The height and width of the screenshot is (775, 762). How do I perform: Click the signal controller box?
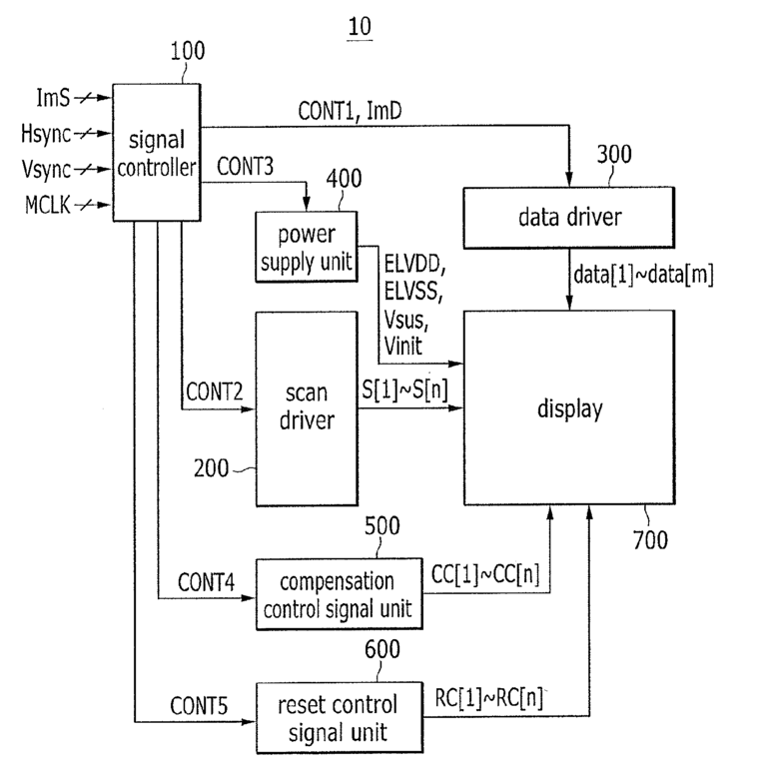tap(157, 152)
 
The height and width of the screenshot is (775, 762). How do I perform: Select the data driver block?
tap(569, 218)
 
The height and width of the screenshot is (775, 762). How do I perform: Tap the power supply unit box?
tap(307, 247)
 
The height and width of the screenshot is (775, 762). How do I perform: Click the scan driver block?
tap(307, 408)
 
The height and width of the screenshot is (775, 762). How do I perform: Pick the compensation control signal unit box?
tap(339, 594)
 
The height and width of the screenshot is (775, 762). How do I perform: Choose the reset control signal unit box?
tap(340, 718)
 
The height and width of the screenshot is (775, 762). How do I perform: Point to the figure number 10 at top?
tap(360, 27)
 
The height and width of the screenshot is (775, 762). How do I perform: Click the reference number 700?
tap(650, 539)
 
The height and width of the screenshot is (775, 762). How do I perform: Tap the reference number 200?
tap(211, 468)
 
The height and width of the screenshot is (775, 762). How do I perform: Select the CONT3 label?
tap(245, 167)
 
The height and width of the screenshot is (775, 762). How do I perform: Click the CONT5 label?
tap(199, 706)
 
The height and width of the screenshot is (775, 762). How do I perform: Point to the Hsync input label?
tap(46, 134)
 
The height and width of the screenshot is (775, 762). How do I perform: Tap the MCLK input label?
tap(48, 205)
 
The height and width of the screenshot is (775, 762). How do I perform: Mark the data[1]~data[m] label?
tap(643, 275)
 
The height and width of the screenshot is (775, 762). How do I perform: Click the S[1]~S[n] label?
tap(404, 389)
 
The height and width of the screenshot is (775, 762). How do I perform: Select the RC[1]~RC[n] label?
tap(488, 698)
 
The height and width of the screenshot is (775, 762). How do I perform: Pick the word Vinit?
tap(403, 346)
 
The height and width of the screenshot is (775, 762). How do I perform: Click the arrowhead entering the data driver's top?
tap(569, 180)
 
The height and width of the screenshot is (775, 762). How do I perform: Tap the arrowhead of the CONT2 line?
tap(248, 408)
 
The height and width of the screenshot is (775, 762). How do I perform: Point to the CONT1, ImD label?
tap(350, 111)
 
